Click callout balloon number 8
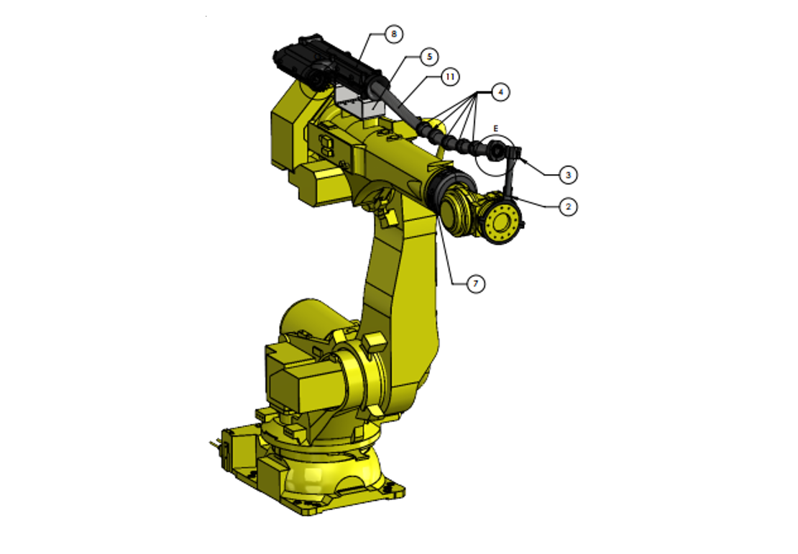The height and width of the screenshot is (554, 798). pyautogui.click(x=393, y=34)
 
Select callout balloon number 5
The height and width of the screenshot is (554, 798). pyautogui.click(x=428, y=56)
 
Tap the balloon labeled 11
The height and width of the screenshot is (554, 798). pyautogui.click(x=450, y=76)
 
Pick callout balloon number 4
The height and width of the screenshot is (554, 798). pyautogui.click(x=500, y=91)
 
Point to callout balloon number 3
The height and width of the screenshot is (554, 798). pyautogui.click(x=568, y=174)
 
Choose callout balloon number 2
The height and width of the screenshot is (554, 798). pyautogui.click(x=568, y=206)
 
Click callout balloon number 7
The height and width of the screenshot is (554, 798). pyautogui.click(x=475, y=284)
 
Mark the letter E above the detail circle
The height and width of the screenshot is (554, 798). pyautogui.click(x=495, y=127)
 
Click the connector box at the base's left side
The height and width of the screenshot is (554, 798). pyautogui.click(x=234, y=449)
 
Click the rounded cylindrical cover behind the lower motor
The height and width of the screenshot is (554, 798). pyautogui.click(x=308, y=317)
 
